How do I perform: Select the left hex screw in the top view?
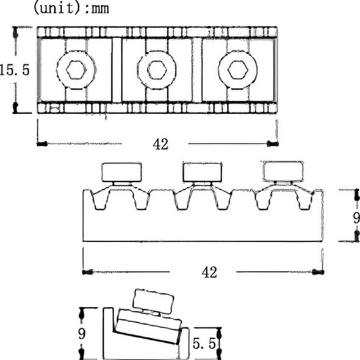click(x=76, y=70)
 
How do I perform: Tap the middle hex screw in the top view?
click(x=157, y=70)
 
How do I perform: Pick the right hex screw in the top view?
click(x=237, y=70)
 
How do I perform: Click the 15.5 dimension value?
click(x=15, y=70)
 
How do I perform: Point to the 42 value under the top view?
click(x=160, y=144)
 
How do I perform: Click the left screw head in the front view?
click(x=122, y=172)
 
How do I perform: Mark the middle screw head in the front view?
click(x=203, y=172)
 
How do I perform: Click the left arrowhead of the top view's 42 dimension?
click(x=41, y=144)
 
